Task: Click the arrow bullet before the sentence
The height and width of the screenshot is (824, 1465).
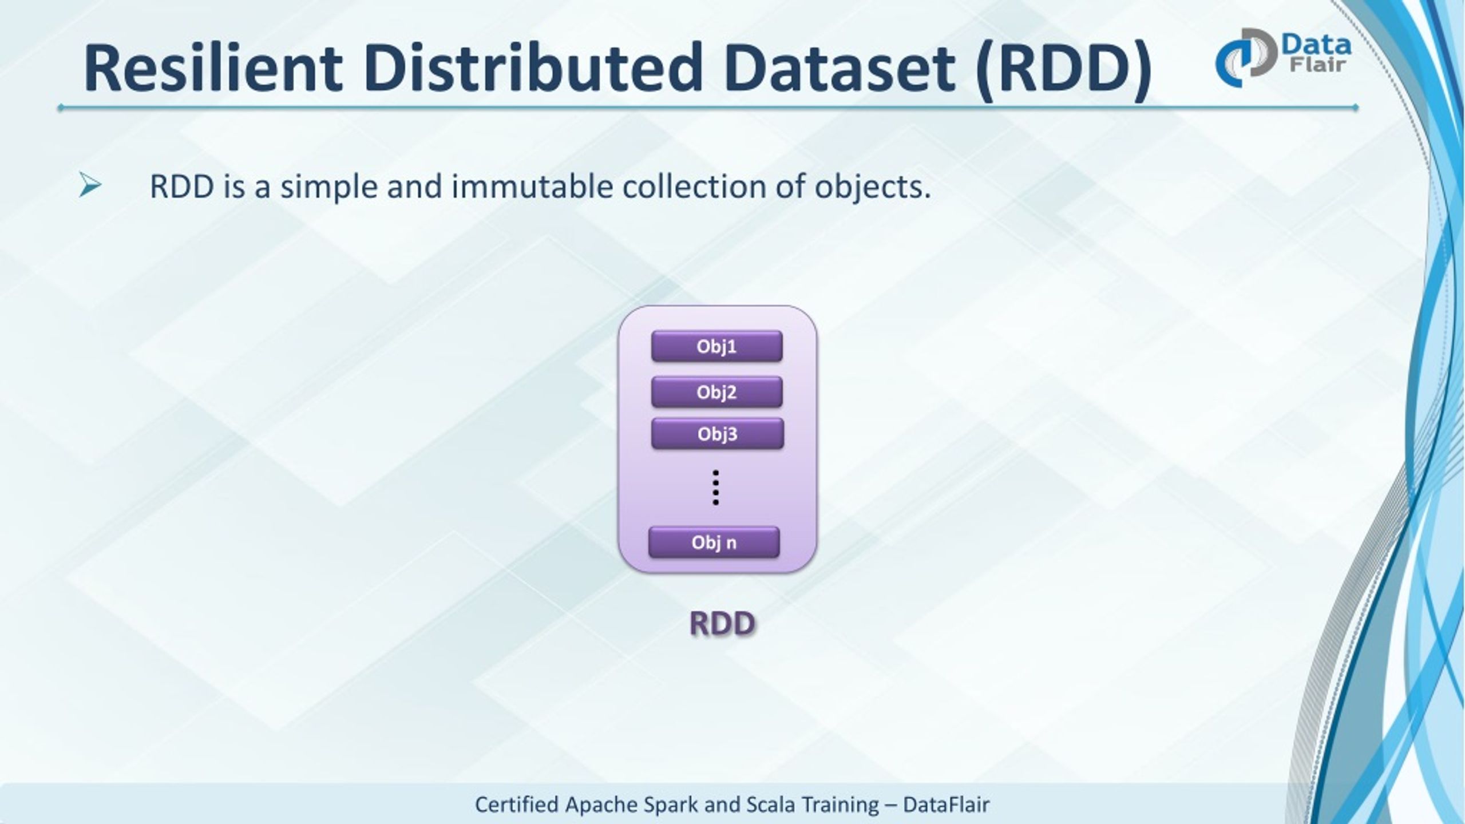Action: [x=90, y=187]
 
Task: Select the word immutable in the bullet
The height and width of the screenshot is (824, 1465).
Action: [x=532, y=187]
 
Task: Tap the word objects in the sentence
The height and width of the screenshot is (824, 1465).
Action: [x=873, y=188]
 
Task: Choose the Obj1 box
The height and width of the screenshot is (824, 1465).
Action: [x=716, y=346]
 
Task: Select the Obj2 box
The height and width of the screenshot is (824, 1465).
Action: [x=716, y=392]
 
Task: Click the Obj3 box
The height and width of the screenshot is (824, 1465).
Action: [x=717, y=434]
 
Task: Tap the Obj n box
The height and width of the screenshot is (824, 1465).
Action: [x=714, y=542]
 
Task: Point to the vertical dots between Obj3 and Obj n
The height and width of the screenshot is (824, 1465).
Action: [x=715, y=488]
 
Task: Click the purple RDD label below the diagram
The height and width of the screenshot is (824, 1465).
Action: [x=722, y=623]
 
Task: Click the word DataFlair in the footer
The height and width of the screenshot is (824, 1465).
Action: [x=946, y=805]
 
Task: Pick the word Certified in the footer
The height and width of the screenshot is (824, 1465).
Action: [x=516, y=805]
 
